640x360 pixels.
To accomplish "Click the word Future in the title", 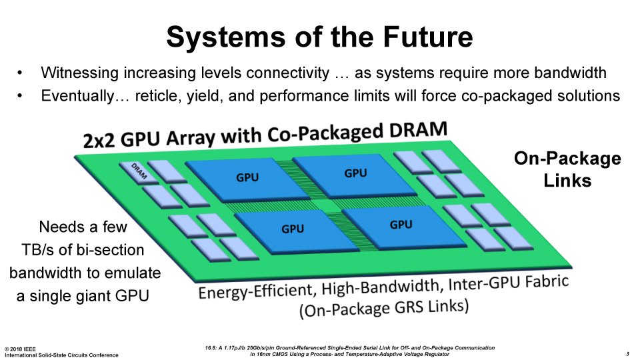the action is click(x=428, y=37).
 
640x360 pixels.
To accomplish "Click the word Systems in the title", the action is click(x=226, y=37).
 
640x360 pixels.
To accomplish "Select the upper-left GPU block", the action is click(x=247, y=179).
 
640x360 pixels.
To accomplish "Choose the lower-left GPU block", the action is click(x=296, y=231).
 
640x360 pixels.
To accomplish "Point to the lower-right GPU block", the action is click(x=404, y=227).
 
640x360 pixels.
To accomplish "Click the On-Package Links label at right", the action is click(x=567, y=169).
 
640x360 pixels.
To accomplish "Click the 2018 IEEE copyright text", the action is click(x=21, y=349).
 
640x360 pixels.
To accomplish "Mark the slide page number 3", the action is click(x=627, y=354).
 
